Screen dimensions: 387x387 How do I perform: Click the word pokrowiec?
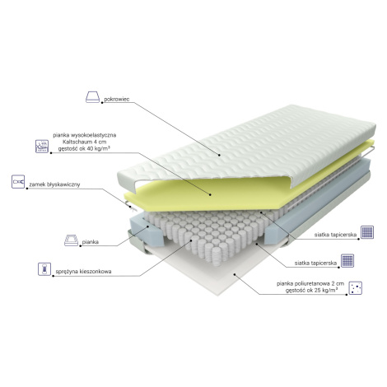coord(117,99)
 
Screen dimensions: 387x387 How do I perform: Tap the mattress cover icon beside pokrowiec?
coord(92,97)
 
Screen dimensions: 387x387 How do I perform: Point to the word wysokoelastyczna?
coord(93,135)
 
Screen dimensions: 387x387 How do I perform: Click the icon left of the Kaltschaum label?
coord(42,147)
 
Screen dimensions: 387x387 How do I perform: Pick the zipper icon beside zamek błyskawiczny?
coord(18,181)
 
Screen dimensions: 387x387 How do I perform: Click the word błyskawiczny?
coord(63,184)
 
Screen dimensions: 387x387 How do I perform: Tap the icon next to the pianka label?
coord(71,240)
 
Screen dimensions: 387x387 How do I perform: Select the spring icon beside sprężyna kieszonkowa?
coord(44,268)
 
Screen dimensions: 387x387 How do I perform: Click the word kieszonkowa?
coord(96,272)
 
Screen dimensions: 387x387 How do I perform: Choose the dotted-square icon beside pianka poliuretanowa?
coord(355,288)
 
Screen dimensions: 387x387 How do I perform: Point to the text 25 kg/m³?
coord(326,291)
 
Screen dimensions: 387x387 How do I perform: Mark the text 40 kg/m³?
coord(99,148)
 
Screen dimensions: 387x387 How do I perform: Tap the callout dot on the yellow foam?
coord(210,194)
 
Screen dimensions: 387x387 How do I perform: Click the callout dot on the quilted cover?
coord(220,155)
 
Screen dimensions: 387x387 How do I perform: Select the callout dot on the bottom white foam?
coord(234,274)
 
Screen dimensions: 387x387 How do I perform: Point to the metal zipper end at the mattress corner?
coord(130,206)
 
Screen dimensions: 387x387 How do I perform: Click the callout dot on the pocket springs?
coord(191,240)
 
